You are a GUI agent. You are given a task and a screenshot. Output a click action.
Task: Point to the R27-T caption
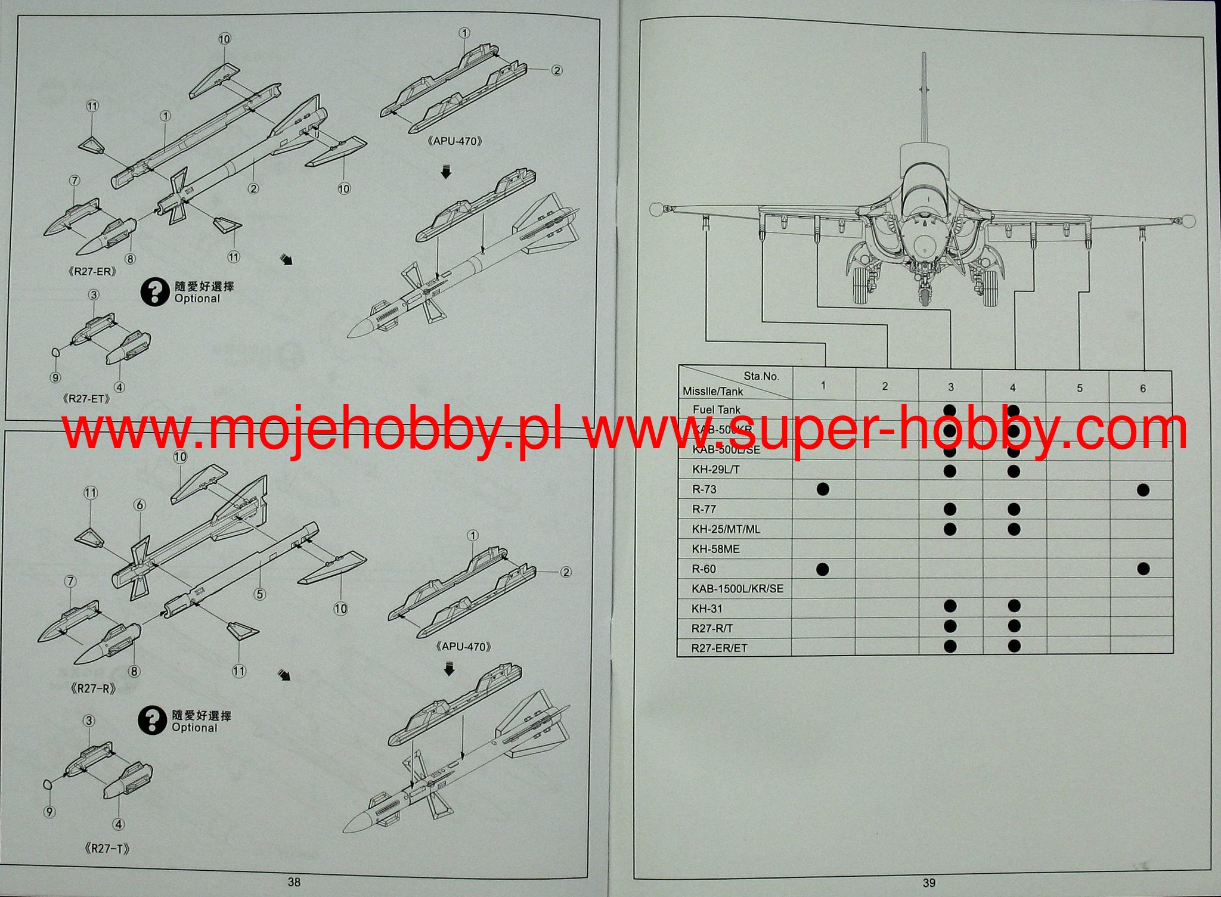[x=107, y=849]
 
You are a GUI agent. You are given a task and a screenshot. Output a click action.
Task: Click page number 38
[x=294, y=883]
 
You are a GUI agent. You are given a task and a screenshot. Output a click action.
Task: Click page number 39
[x=929, y=883]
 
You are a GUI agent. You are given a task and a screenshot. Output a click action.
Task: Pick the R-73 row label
[x=704, y=489]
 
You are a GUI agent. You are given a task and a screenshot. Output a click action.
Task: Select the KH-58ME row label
[x=715, y=549]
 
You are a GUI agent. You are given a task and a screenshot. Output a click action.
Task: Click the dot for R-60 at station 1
[x=823, y=569]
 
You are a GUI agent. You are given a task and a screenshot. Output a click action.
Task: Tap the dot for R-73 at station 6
[x=1143, y=490]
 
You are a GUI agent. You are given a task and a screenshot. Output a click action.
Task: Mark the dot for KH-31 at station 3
[x=950, y=607]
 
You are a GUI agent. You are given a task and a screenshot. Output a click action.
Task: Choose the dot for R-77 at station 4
[x=1013, y=509]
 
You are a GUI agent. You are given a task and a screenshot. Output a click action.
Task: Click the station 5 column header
[x=1079, y=388]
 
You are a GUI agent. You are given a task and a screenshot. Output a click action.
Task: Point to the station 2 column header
[x=885, y=387]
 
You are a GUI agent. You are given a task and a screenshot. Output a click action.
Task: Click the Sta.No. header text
[x=761, y=376]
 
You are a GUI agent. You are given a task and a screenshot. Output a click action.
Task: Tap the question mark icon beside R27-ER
[x=154, y=292]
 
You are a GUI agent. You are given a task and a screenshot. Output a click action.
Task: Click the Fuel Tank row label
[x=717, y=410]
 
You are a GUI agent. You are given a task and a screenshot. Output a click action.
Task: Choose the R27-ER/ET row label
[x=719, y=648]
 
